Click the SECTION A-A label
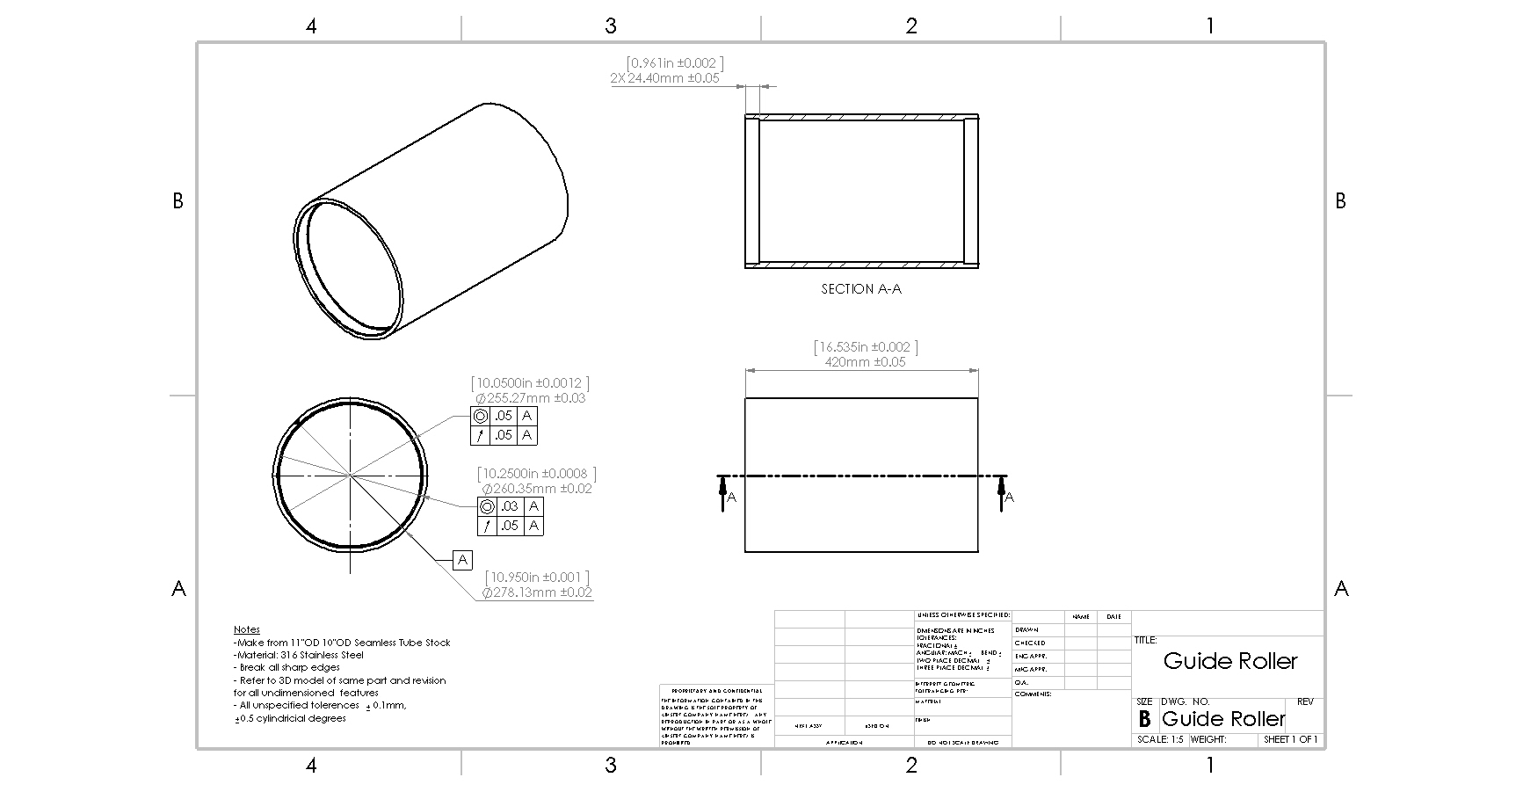coord(860,289)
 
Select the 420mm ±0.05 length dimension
coord(865,362)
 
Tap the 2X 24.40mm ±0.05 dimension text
coord(664,78)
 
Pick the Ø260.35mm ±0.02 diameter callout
coord(536,489)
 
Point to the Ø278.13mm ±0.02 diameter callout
coord(536,592)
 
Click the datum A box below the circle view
coord(463,560)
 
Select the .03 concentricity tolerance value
coord(510,506)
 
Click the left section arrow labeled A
coord(723,492)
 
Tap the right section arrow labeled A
coord(1003,492)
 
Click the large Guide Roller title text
coord(1229,661)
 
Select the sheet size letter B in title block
coord(1144,719)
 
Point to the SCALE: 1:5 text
coord(1160,740)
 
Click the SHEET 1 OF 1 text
coord(1290,740)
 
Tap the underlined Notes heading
coord(247,629)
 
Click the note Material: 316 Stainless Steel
coord(299,655)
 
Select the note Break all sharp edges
coord(287,667)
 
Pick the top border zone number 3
coord(611,26)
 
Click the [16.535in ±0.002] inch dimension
coord(866,347)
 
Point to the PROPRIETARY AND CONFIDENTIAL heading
coord(716,692)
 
